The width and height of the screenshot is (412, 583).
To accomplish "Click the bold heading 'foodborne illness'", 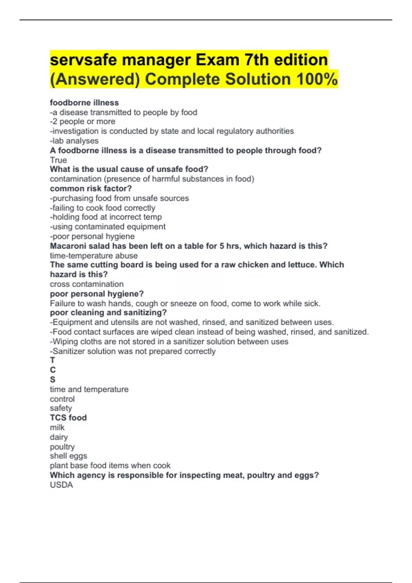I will [x=84, y=103].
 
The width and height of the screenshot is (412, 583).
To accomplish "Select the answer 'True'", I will [x=58, y=160].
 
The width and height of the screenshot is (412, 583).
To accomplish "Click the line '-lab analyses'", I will [x=74, y=141].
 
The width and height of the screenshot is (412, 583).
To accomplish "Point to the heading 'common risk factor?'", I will [x=91, y=189].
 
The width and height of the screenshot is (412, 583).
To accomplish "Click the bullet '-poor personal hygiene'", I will [x=92, y=236].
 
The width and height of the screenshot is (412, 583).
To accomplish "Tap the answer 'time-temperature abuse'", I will [x=94, y=255].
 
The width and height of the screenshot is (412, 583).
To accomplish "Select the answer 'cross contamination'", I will [x=87, y=284].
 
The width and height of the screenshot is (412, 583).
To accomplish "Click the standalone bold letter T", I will [x=53, y=360].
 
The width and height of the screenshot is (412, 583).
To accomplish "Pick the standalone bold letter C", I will [x=53, y=370].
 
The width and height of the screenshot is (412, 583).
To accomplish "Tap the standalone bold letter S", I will [x=53, y=379].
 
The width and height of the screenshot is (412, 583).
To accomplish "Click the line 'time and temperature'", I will [x=89, y=389].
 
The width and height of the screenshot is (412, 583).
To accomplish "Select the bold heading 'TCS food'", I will [x=68, y=418].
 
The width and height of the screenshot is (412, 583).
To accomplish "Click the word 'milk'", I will [x=57, y=427].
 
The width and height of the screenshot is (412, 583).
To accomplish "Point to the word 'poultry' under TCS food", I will [x=62, y=447].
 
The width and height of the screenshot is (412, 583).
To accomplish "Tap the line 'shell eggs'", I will [x=68, y=456].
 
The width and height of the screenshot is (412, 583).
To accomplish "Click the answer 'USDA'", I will [x=61, y=485].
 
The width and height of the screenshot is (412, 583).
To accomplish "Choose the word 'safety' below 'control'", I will [x=61, y=408].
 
